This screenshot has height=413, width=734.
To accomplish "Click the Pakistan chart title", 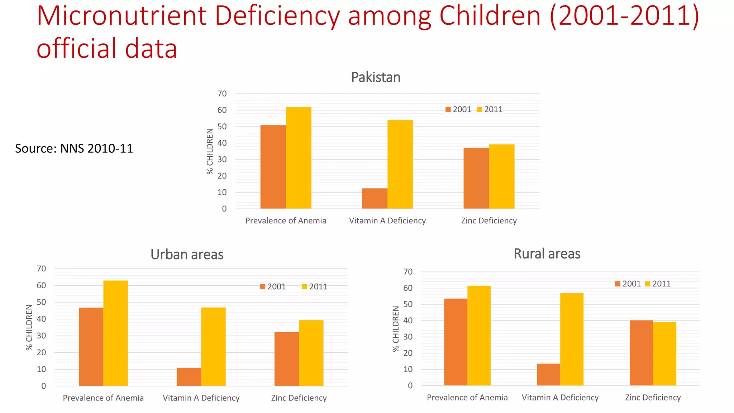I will (376, 77).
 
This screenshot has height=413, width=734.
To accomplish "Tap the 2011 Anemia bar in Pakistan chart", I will (299, 158).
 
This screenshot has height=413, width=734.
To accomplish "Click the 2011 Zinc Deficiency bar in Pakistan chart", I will (501, 176).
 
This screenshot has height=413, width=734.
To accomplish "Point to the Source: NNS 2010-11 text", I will (74, 148).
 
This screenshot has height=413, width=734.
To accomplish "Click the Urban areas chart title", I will (187, 255).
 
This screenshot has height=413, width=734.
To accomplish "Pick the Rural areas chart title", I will (547, 254).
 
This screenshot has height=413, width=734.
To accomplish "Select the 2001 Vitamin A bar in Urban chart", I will (189, 377).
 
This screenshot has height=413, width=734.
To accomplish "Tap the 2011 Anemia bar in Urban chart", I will (115, 333).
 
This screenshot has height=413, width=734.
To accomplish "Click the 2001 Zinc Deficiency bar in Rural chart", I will (641, 353).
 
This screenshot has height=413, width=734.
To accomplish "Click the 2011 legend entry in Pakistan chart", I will (490, 109).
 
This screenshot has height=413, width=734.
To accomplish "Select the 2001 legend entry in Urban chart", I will (273, 286).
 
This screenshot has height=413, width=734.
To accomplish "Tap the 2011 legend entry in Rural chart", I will (658, 284).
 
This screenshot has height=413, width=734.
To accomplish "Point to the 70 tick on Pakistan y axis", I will (222, 94).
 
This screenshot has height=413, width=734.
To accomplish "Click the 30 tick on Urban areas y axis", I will (42, 336).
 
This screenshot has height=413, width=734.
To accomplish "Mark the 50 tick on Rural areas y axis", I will (408, 304).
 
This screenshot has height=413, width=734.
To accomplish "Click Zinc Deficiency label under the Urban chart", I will (299, 398).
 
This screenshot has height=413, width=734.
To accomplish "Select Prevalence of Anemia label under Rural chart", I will (467, 398).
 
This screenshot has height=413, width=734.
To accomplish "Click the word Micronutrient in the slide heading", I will (121, 16).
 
